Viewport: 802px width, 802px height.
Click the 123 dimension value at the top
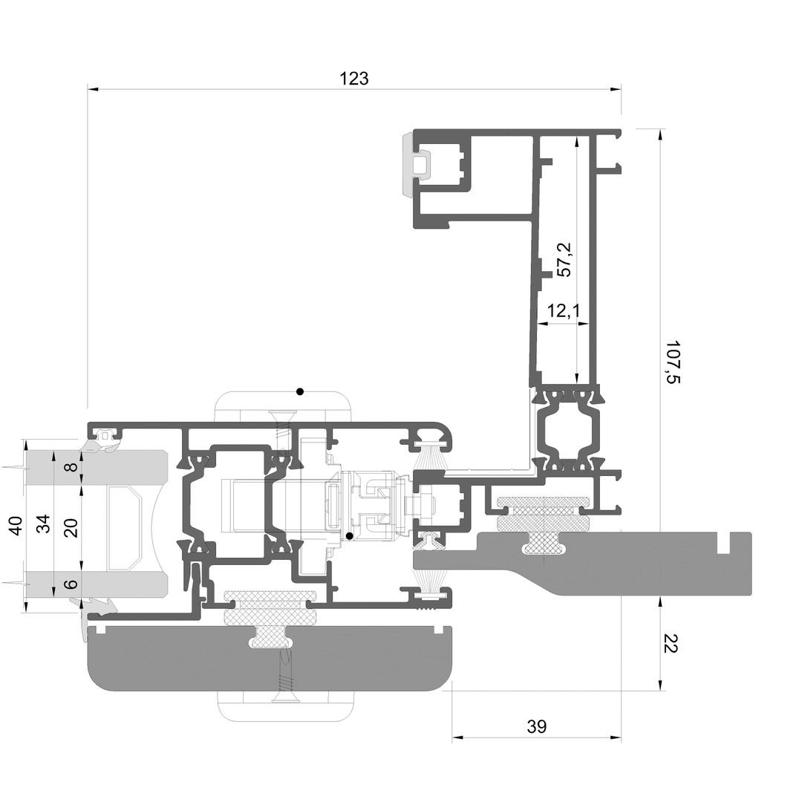tap(354, 78)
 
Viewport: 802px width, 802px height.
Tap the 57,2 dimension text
tap(564, 261)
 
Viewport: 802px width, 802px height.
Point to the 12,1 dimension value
tap(564, 310)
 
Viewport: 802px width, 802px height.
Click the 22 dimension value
tap(670, 643)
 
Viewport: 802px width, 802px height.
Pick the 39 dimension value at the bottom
tap(537, 726)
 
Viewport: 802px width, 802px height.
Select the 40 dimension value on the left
tap(16, 525)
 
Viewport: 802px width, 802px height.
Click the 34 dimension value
tap(45, 524)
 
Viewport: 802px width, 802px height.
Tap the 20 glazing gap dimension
tap(71, 527)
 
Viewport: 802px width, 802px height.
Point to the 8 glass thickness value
tap(72, 466)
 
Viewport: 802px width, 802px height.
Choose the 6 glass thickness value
tap(72, 584)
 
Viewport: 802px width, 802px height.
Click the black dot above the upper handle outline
tap(300, 392)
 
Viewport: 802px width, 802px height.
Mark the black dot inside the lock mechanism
tap(349, 536)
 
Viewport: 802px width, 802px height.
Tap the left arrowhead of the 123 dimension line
tap(93, 90)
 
